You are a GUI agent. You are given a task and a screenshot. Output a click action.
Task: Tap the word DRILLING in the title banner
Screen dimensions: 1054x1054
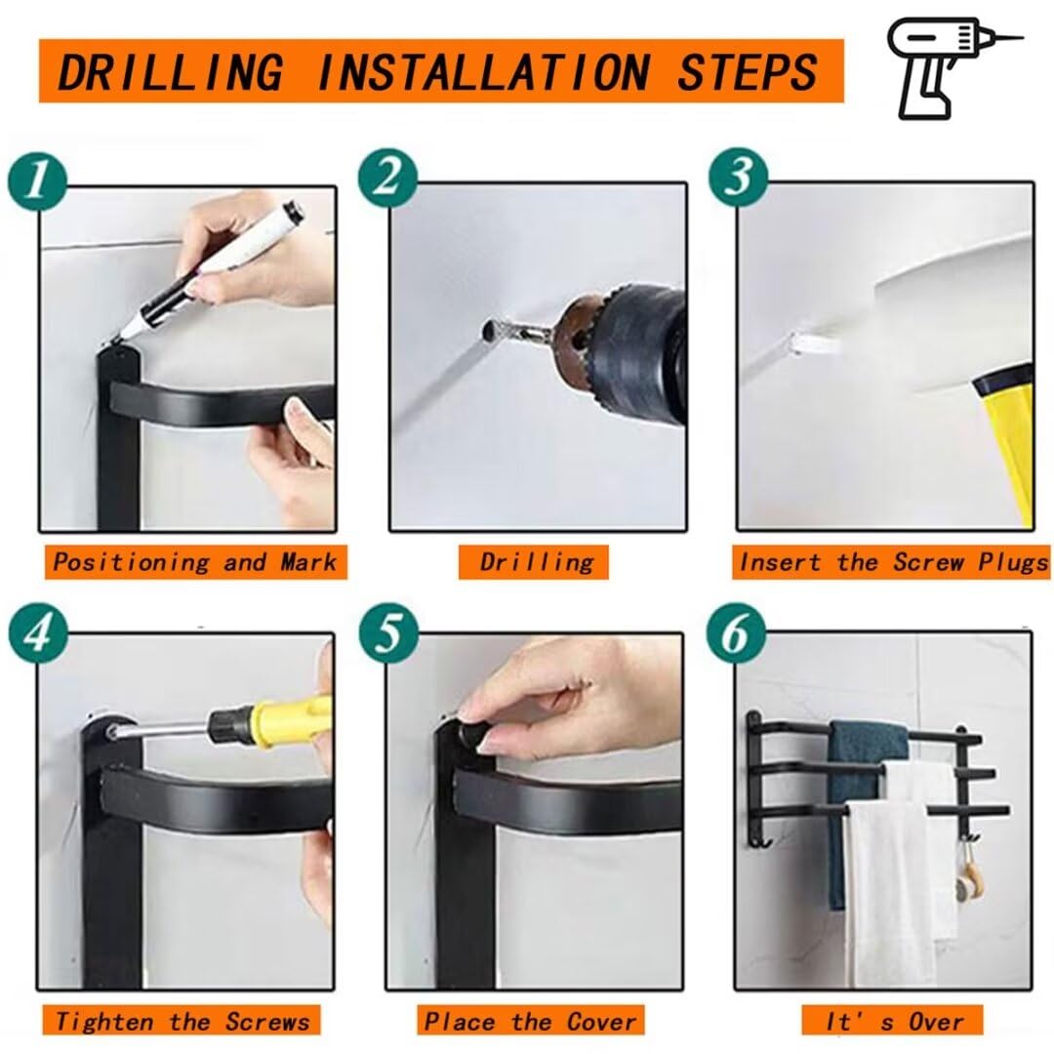(x=171, y=72)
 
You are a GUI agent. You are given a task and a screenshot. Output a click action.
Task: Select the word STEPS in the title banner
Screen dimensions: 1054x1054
(x=747, y=72)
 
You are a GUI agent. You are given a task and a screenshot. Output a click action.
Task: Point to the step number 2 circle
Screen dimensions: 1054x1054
(x=387, y=180)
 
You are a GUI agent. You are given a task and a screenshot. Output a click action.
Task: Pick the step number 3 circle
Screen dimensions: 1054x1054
(x=739, y=178)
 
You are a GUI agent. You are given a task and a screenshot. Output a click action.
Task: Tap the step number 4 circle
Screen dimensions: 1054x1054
(x=38, y=634)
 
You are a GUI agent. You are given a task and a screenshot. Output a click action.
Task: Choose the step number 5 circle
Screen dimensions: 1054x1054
(x=388, y=634)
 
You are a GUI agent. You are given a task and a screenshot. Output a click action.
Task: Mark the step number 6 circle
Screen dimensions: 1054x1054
(x=736, y=634)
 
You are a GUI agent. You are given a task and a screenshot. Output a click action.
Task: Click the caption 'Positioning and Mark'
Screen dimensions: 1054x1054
(x=195, y=562)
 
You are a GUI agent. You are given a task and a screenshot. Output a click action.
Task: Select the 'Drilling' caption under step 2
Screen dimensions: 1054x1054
(x=535, y=562)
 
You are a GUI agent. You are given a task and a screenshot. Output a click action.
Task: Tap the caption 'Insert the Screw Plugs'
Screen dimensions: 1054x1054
(x=891, y=562)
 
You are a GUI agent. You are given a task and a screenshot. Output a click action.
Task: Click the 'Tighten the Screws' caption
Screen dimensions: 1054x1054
(x=182, y=1021)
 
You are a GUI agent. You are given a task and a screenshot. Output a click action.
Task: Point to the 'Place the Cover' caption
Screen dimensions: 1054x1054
(x=530, y=1021)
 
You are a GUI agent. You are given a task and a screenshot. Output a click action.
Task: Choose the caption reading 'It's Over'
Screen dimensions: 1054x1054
(x=893, y=1021)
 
